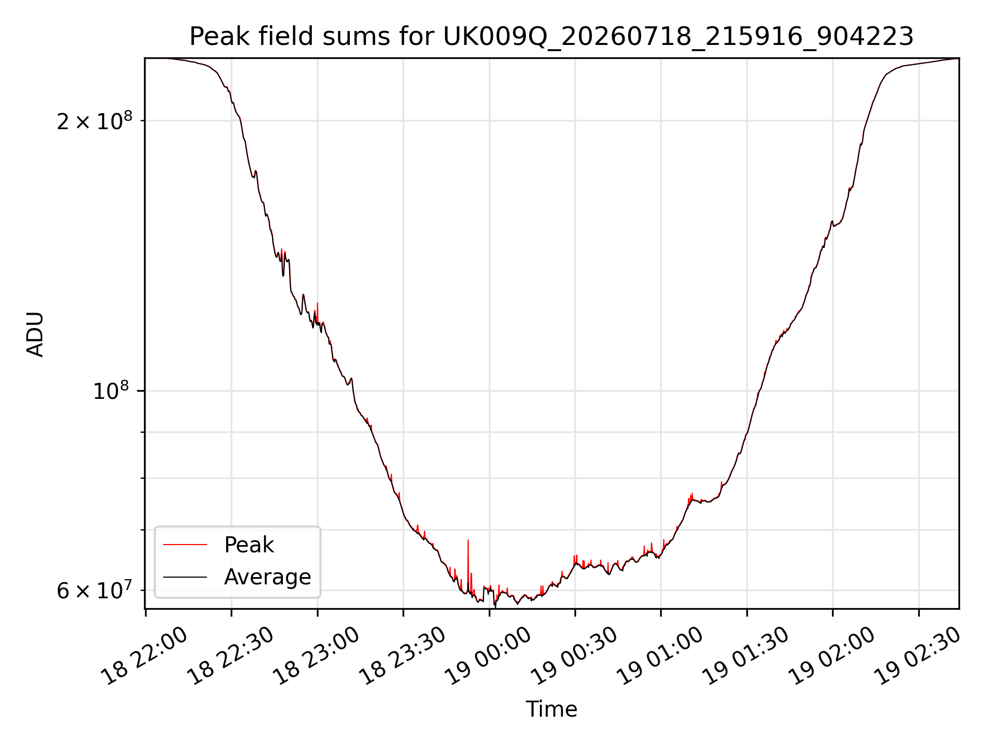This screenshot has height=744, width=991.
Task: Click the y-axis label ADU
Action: coord(35,334)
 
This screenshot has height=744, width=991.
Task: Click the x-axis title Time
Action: coord(551,709)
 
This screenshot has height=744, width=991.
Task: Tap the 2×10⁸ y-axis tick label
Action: coord(94,121)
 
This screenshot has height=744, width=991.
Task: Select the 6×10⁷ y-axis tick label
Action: coord(94,590)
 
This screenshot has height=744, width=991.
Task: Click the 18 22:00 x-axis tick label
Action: coord(145,656)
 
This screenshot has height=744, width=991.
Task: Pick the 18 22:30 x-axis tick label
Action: coord(231,656)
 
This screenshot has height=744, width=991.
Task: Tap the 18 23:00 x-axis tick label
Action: coord(316,656)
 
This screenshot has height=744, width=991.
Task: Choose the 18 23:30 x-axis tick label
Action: coord(403,656)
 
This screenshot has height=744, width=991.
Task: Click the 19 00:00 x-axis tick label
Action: coord(488,656)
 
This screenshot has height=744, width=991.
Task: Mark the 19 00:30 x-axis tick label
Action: coord(574,656)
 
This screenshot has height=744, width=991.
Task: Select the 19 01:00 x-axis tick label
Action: coord(660,656)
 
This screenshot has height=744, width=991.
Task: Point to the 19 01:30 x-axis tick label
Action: coord(746,656)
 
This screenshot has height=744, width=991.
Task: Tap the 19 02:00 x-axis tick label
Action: coord(832,656)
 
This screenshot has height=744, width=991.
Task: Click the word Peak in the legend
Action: coord(249,545)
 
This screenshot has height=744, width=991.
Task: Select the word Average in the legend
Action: coord(267,577)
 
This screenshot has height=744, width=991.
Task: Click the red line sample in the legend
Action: coord(185,545)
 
